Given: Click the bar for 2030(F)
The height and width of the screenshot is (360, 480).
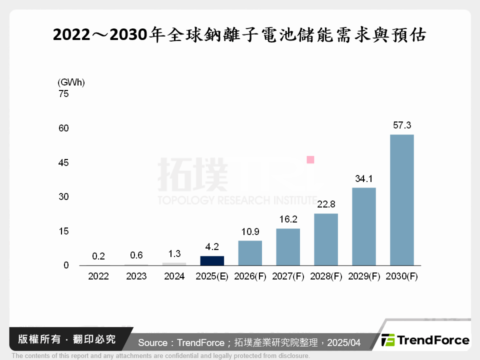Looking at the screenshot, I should tap(401, 200).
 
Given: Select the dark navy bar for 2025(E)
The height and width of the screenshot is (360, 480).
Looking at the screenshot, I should tap(212, 260).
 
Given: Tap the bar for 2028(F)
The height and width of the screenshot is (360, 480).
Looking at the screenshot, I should tap(326, 239).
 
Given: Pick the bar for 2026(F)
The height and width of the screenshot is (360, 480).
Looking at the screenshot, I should tap(250, 253).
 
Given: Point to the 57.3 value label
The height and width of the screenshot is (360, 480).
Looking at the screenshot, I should tap(401, 125).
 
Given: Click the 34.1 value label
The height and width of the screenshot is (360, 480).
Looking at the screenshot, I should tap(363, 178).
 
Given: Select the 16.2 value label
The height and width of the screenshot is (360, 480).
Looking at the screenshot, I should tap(288, 219).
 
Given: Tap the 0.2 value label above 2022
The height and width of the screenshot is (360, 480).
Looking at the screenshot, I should tap(98, 256).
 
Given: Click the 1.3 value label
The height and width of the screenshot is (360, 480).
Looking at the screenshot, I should tap(174, 253).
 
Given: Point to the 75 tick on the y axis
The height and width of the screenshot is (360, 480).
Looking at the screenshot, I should tap(63, 93).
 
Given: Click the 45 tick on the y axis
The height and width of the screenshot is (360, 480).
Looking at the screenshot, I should tap(63, 162).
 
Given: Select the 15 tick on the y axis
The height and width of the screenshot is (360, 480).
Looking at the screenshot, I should tap(63, 231).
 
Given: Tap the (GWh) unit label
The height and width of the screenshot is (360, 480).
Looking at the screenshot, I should tap(71, 82).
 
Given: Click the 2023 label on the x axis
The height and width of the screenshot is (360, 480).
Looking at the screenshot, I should tap(136, 276).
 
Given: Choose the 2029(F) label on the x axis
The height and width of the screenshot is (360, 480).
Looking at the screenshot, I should tap(363, 276).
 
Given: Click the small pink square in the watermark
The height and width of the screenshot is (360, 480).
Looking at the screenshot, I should tap(310, 159).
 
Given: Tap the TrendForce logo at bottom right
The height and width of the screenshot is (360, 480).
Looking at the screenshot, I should tap(425, 340).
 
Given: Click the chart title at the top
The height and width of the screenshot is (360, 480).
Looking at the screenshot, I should tap(239, 35).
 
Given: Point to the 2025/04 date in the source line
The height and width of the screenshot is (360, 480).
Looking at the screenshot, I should tap(342, 342).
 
